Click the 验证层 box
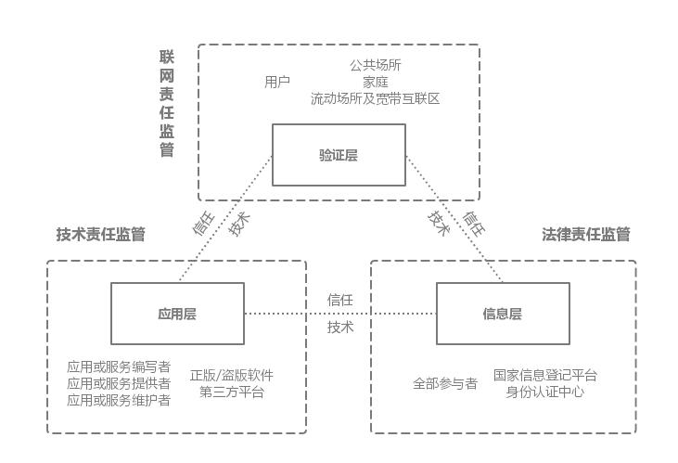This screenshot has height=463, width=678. pyautogui.click(x=339, y=155)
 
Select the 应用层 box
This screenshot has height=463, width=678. pyautogui.click(x=177, y=314)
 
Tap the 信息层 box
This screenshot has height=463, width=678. pyautogui.click(x=503, y=314)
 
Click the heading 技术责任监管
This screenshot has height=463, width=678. pyautogui.click(x=100, y=234)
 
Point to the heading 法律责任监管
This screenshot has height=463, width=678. pyautogui.click(x=586, y=234)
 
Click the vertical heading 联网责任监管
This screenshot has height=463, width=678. pyautogui.click(x=167, y=104)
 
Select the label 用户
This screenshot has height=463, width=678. pyautogui.click(x=277, y=82)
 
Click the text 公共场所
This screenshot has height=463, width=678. pyautogui.click(x=376, y=66)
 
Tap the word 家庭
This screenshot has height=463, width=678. pyautogui.click(x=376, y=82)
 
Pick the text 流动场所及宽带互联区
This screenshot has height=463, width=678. pyautogui.click(x=376, y=97)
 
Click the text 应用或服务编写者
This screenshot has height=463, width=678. pyautogui.click(x=119, y=367)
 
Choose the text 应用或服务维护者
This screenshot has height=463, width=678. pyautogui.click(x=119, y=400)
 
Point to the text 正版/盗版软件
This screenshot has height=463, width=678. pyautogui.click(x=232, y=376)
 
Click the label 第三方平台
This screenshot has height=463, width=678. pyautogui.click(x=232, y=392)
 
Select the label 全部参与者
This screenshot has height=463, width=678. pyautogui.click(x=445, y=383)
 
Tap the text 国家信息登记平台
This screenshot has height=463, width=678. pyautogui.click(x=545, y=376)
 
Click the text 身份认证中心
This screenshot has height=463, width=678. pyautogui.click(x=545, y=392)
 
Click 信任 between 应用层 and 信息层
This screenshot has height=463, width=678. pyautogui.click(x=340, y=300)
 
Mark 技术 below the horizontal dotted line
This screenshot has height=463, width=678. pyautogui.click(x=340, y=328)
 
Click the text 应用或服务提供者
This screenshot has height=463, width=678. pyautogui.click(x=119, y=383)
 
